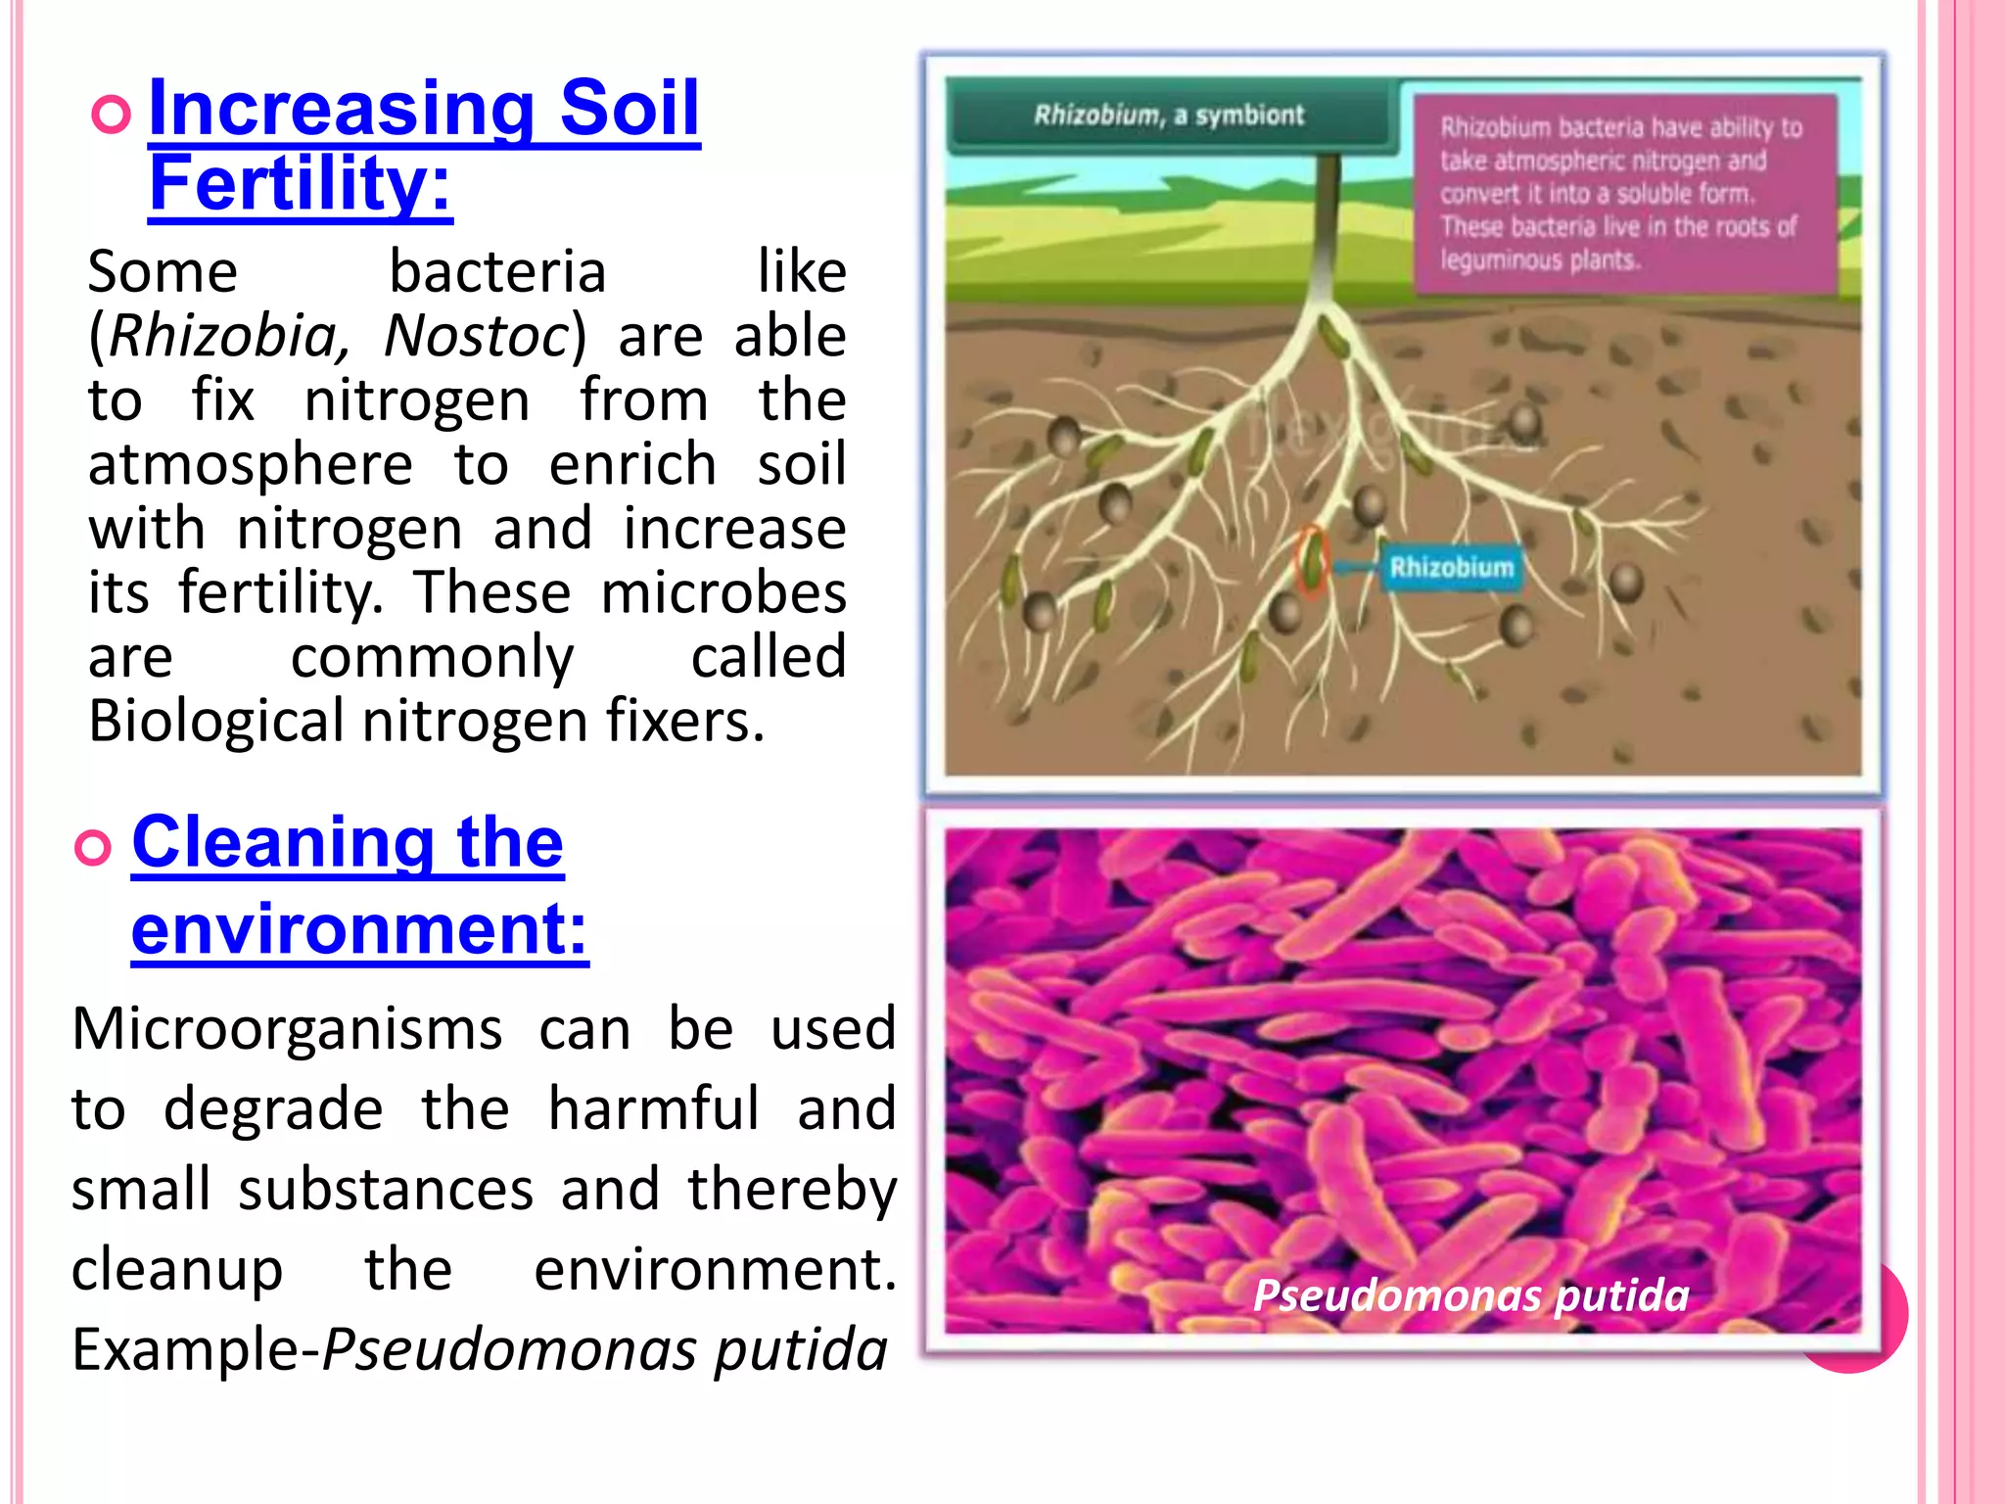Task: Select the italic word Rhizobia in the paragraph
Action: tap(223, 336)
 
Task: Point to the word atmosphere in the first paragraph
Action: tap(251, 464)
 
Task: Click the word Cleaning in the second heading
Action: tap(281, 842)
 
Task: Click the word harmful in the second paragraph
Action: tap(653, 1109)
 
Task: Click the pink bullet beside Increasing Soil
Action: tap(111, 116)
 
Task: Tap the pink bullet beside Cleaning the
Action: tap(94, 848)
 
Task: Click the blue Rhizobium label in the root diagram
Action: tap(1451, 568)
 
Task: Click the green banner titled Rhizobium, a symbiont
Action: tap(1168, 116)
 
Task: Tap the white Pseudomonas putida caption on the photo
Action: tap(1470, 1295)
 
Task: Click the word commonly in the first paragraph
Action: tap(432, 657)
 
